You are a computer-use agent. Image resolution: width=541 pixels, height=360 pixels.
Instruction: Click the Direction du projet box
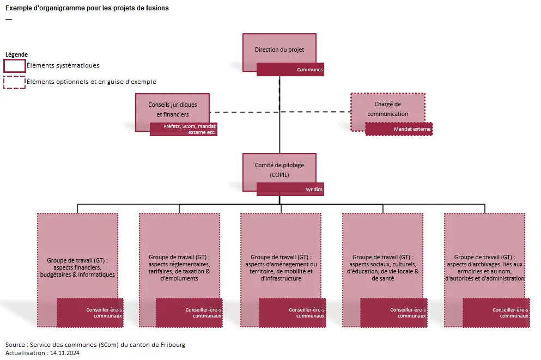tap(279, 49)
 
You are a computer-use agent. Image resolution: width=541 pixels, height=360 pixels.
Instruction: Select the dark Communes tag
tap(290, 70)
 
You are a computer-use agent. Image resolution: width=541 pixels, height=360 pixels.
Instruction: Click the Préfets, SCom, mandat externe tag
tap(184, 129)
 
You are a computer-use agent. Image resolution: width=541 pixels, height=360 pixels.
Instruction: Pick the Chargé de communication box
tap(387, 108)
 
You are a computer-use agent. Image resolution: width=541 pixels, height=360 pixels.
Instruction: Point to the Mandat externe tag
tap(399, 129)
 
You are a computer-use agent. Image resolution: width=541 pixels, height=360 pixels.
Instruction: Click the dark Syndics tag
tap(290, 190)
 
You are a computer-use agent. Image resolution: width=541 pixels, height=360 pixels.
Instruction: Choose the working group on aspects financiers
tap(77, 256)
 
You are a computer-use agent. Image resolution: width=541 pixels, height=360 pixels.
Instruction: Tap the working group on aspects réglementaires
tap(179, 256)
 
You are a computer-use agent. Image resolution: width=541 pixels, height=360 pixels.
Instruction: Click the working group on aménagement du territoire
tap(281, 256)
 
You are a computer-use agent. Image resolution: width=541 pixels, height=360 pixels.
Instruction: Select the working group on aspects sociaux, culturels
tap(382, 256)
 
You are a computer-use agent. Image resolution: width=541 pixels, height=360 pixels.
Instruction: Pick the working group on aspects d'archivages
tap(484, 256)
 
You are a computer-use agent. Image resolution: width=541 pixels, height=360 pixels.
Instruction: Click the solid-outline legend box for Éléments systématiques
tap(15, 65)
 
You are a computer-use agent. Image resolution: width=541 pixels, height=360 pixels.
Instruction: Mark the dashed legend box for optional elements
tap(15, 82)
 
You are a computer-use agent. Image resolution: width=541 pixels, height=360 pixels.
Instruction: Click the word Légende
tap(16, 54)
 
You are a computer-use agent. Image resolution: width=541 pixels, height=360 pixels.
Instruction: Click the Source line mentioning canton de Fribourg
tap(95, 345)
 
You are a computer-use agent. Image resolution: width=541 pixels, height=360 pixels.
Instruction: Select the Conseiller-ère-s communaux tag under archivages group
tap(496, 313)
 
